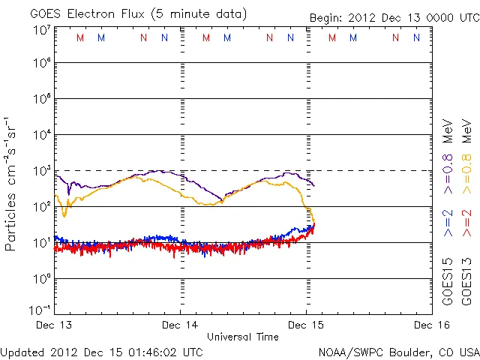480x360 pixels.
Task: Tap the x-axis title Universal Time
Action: [x=242, y=337]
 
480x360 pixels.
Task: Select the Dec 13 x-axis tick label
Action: [x=55, y=325]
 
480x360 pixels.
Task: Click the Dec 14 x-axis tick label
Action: [x=181, y=325]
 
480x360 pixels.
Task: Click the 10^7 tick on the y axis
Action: [x=40, y=29]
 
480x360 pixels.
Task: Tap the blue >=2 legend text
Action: [x=447, y=224]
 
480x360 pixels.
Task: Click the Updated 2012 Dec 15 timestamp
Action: [x=101, y=352]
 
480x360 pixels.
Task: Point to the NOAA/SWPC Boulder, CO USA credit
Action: [x=398, y=352]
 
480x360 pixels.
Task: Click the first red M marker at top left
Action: [x=80, y=37]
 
